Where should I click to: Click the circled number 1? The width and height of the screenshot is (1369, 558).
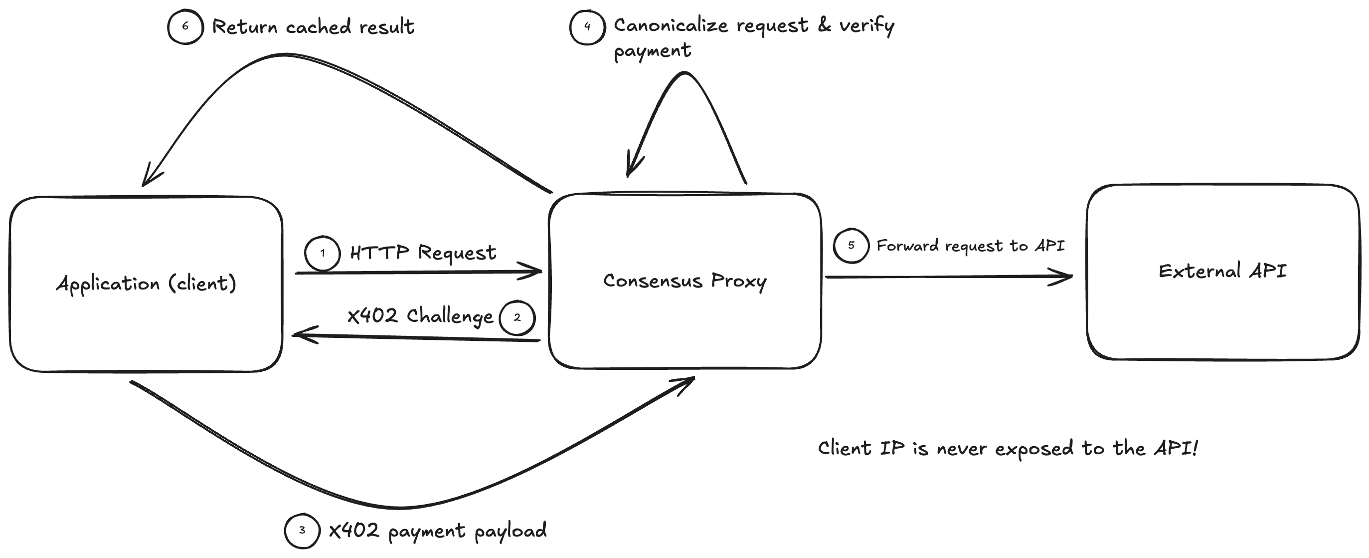pyautogui.click(x=322, y=253)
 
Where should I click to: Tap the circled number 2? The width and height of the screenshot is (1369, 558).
pyautogui.click(x=517, y=317)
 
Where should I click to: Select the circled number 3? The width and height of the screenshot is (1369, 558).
pyautogui.click(x=302, y=531)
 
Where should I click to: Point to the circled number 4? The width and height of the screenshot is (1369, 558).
pyautogui.click(x=587, y=26)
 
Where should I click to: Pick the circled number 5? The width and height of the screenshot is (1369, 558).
pyautogui.click(x=851, y=245)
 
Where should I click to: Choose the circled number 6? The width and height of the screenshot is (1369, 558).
pyautogui.click(x=185, y=26)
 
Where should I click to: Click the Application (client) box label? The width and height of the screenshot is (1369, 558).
pyautogui.click(x=146, y=283)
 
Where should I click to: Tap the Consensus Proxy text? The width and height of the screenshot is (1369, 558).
pyautogui.click(x=684, y=281)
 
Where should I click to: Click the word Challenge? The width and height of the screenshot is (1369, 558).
pyautogui.click(x=450, y=316)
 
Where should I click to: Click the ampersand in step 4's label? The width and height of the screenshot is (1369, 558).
pyautogui.click(x=824, y=24)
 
